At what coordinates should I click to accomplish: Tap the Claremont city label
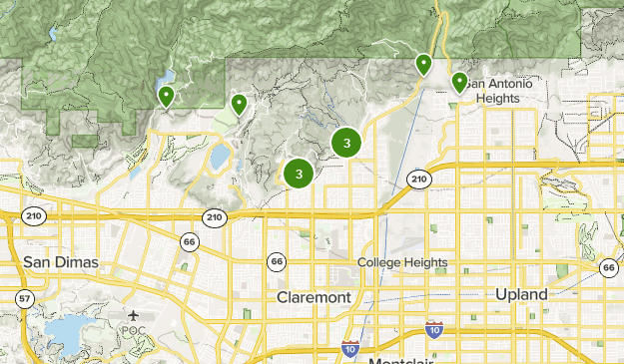point(313,297)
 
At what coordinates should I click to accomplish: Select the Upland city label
point(521,294)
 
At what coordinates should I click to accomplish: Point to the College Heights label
point(402,262)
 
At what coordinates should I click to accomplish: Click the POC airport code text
point(134,330)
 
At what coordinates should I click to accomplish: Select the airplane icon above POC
point(134,315)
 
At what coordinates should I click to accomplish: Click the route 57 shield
point(24,298)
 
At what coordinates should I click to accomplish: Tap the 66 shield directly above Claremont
point(276,261)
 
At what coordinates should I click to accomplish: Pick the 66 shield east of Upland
point(608,266)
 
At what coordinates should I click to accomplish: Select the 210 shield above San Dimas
point(35,216)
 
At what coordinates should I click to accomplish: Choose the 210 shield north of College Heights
point(418,178)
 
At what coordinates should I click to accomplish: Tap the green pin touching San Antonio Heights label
point(459,81)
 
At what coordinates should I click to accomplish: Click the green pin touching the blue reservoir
point(166,95)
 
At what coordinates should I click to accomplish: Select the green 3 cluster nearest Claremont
point(299,174)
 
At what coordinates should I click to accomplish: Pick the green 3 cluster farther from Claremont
point(346,143)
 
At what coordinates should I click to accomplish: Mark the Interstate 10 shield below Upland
point(433,328)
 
